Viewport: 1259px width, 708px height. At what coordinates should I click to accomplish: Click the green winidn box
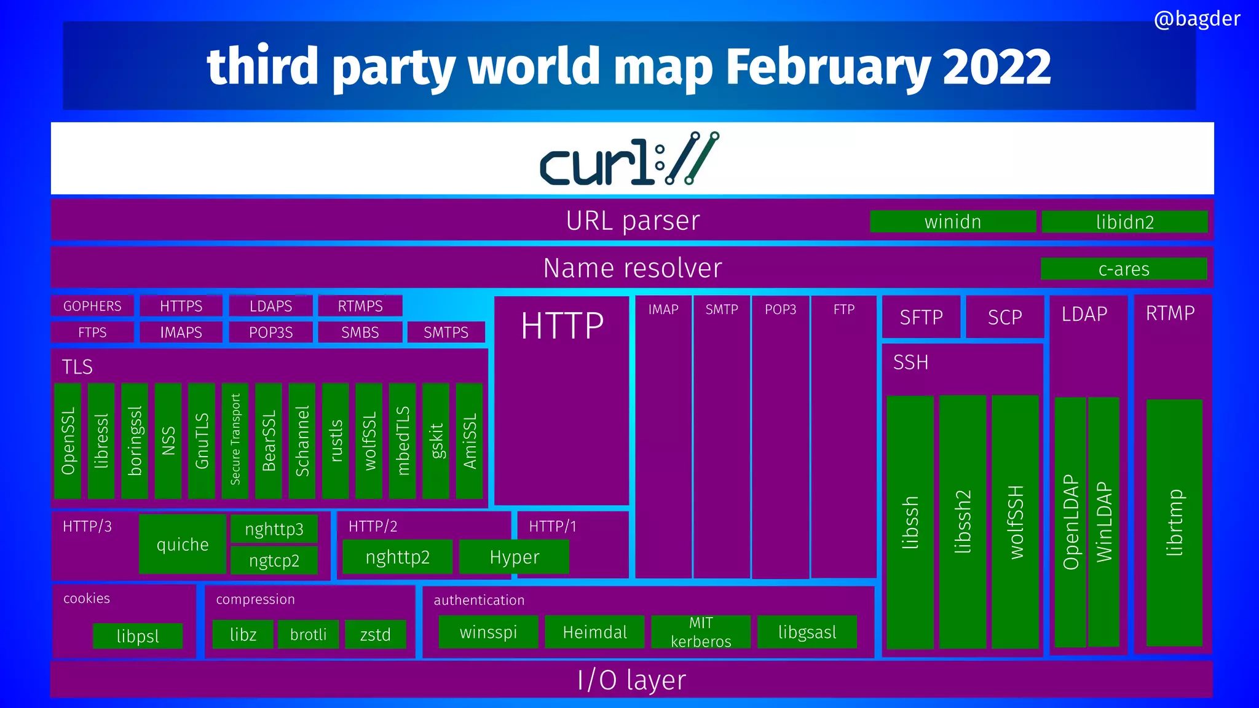tap(952, 221)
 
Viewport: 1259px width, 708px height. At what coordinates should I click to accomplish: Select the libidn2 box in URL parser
tap(1124, 221)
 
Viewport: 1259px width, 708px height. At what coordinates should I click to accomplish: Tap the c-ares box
tap(1123, 269)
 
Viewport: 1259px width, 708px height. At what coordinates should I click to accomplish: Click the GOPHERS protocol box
tap(92, 306)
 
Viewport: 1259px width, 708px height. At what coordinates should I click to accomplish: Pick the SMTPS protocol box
tap(446, 332)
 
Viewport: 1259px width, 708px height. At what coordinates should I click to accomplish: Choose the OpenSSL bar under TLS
tap(68, 440)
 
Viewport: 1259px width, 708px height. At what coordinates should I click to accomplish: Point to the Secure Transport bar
tap(235, 440)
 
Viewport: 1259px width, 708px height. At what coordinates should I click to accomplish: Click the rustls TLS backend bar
tap(336, 440)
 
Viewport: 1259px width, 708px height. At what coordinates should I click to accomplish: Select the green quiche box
tap(183, 545)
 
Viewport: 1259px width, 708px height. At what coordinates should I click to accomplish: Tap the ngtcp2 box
tap(274, 560)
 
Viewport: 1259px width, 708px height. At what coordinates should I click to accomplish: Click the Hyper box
tap(514, 557)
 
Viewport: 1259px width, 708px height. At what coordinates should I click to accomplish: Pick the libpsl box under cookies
tap(138, 636)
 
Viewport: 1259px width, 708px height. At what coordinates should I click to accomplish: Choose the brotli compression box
tap(308, 634)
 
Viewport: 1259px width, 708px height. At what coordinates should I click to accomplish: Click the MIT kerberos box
tap(701, 632)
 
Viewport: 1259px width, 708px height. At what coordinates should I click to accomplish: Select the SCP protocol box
tap(1004, 317)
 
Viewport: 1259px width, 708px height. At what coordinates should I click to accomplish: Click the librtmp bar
tap(1174, 522)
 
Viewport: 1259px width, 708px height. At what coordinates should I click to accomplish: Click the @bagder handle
tap(1197, 18)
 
